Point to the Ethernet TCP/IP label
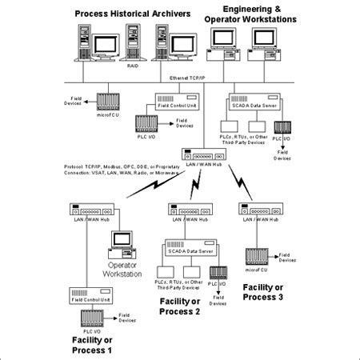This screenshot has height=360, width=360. click(190, 78)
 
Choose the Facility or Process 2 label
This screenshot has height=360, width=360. click(180, 306)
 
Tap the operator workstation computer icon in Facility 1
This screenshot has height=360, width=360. click(122, 242)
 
